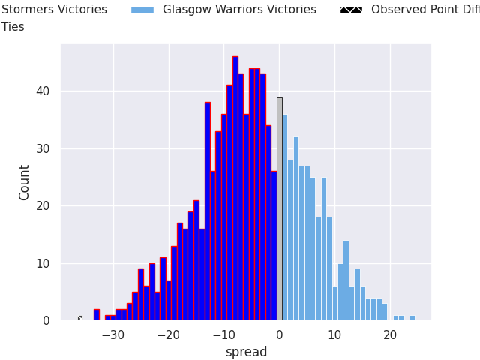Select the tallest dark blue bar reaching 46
[x=235, y=188]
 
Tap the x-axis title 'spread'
[x=246, y=352]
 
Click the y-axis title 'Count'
[x=25, y=182]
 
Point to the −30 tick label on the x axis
[x=113, y=334]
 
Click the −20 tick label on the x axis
[x=169, y=334]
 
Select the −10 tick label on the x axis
[x=223, y=334]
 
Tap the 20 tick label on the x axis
[x=390, y=334]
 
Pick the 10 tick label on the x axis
[x=334, y=334]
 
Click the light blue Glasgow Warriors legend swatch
[x=142, y=10]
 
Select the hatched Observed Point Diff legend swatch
[x=351, y=10]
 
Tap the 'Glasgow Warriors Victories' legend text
[x=239, y=10]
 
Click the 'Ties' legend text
[x=13, y=27]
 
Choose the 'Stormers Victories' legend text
[x=54, y=10]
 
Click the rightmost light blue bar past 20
[x=412, y=318]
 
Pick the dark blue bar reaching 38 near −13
[x=208, y=211]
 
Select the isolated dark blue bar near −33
[x=97, y=315]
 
